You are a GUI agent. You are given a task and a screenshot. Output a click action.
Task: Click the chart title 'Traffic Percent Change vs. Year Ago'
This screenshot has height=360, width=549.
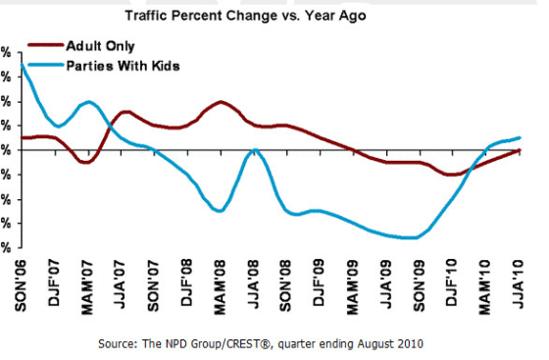click(273, 17)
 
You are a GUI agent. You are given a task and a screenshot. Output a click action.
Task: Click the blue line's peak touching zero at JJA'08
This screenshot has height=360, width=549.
click(255, 150)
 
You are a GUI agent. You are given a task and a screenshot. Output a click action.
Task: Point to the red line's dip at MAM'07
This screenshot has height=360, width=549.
click(86, 162)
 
